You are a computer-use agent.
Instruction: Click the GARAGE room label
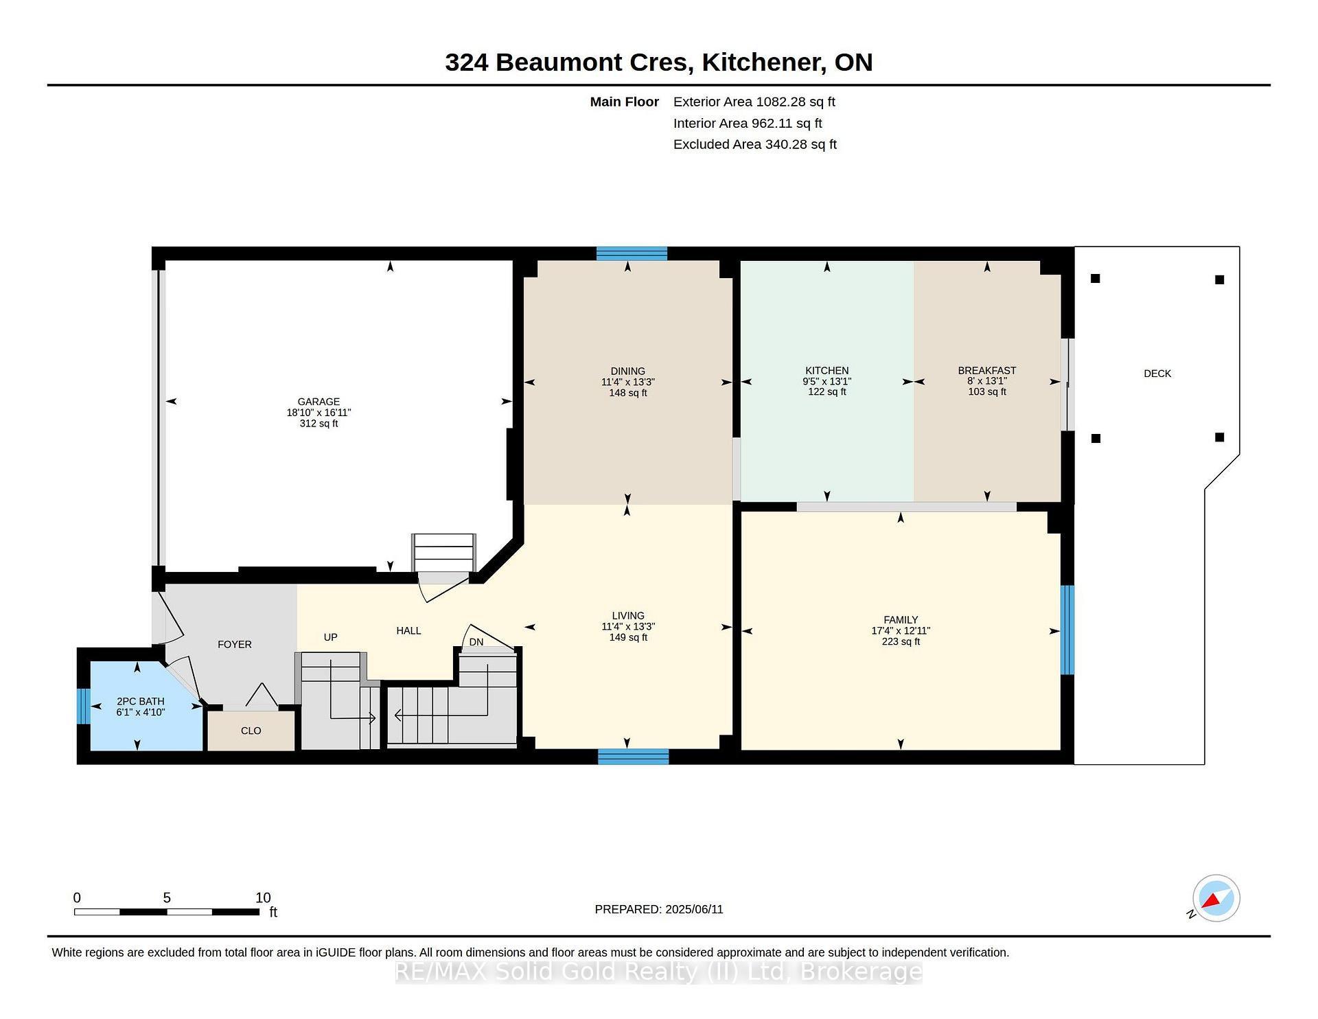pos(319,402)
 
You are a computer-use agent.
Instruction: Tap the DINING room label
pos(628,371)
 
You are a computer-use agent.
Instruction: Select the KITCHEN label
pos(827,371)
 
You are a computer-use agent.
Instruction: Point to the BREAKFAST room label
pos(987,371)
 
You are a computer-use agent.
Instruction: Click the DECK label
pos(1157,374)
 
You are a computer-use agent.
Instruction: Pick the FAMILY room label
pos(901,620)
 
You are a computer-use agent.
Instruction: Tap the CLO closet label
pos(251,731)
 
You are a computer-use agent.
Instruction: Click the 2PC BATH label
pos(141,701)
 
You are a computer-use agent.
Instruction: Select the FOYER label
pos(235,644)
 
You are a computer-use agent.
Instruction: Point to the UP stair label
pos(331,637)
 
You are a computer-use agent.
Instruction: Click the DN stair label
pos(476,642)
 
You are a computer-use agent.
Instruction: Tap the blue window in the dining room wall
pos(632,253)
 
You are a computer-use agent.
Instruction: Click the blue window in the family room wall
pos(1067,630)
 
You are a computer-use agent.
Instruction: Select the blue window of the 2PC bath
pos(83,706)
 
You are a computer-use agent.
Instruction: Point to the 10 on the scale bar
pos(263,897)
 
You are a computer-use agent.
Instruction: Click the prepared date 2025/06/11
pos(694,909)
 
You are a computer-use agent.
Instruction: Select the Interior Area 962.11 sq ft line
pos(748,124)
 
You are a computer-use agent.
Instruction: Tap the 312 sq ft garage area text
pos(319,424)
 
